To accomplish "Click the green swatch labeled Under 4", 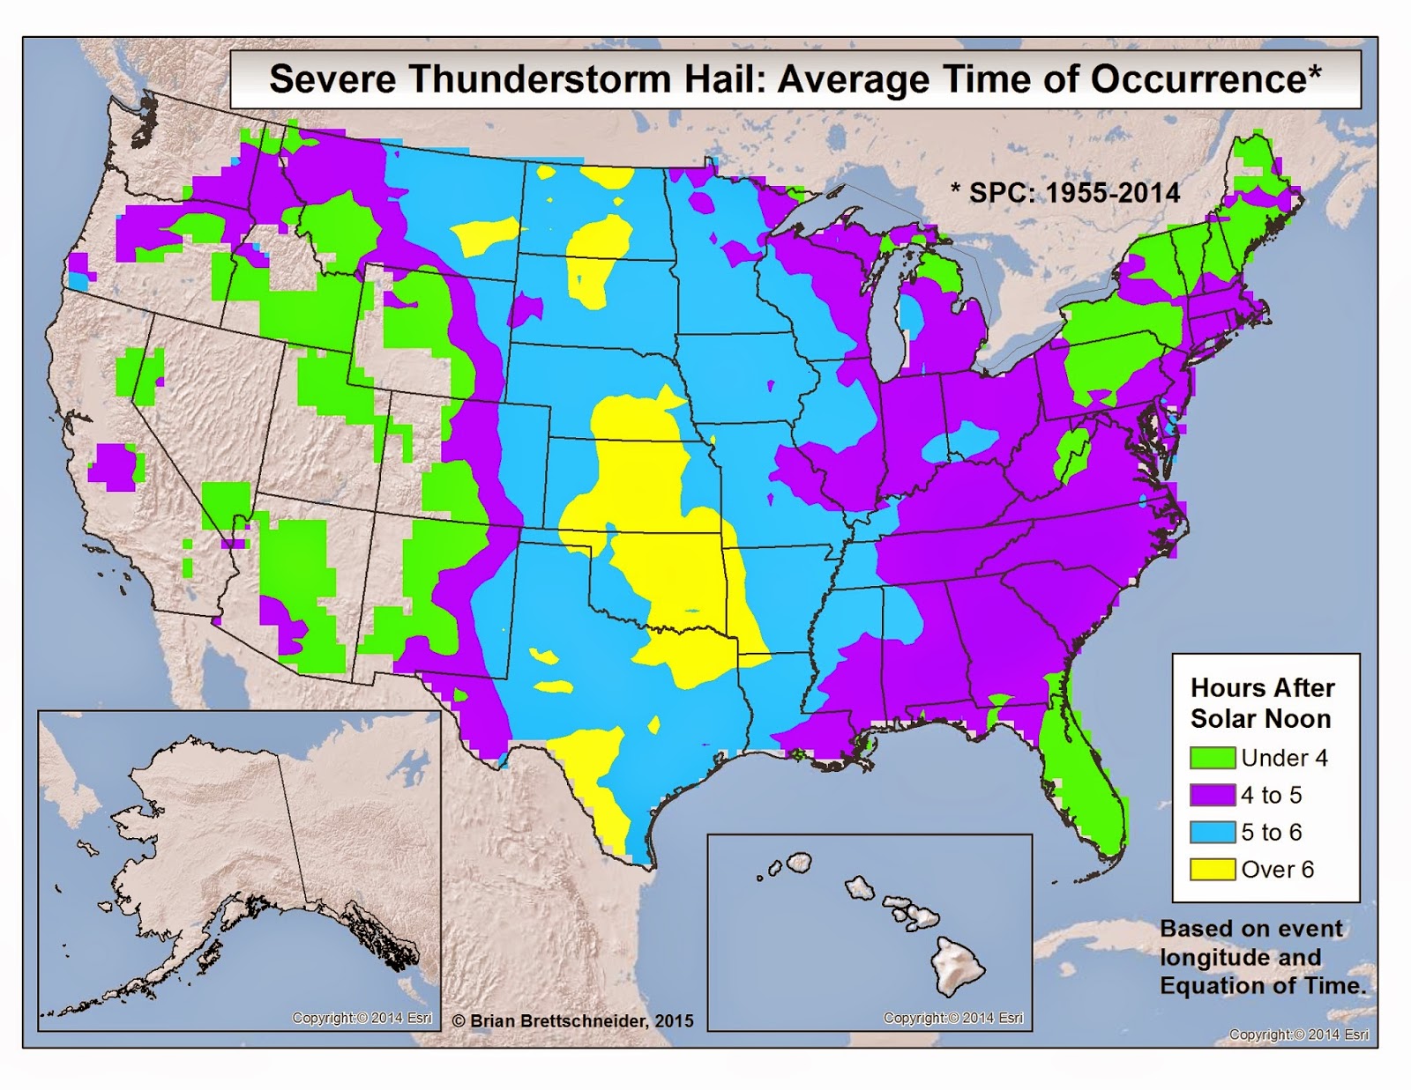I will [1212, 758].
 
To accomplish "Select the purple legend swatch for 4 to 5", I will [1212, 795].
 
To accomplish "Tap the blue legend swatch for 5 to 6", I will [1212, 832].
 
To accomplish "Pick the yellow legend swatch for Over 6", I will [1212, 870].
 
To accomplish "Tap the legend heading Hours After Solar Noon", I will [1262, 703].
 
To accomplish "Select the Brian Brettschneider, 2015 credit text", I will [573, 1020].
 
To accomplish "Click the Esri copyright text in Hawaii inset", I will [953, 1018].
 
